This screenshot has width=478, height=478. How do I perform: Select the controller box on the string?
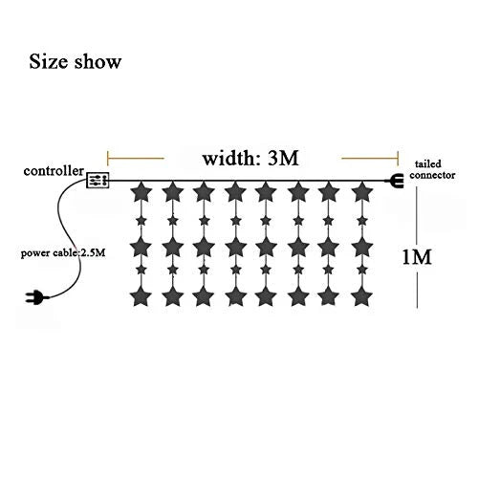pyautogui.click(x=98, y=180)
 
